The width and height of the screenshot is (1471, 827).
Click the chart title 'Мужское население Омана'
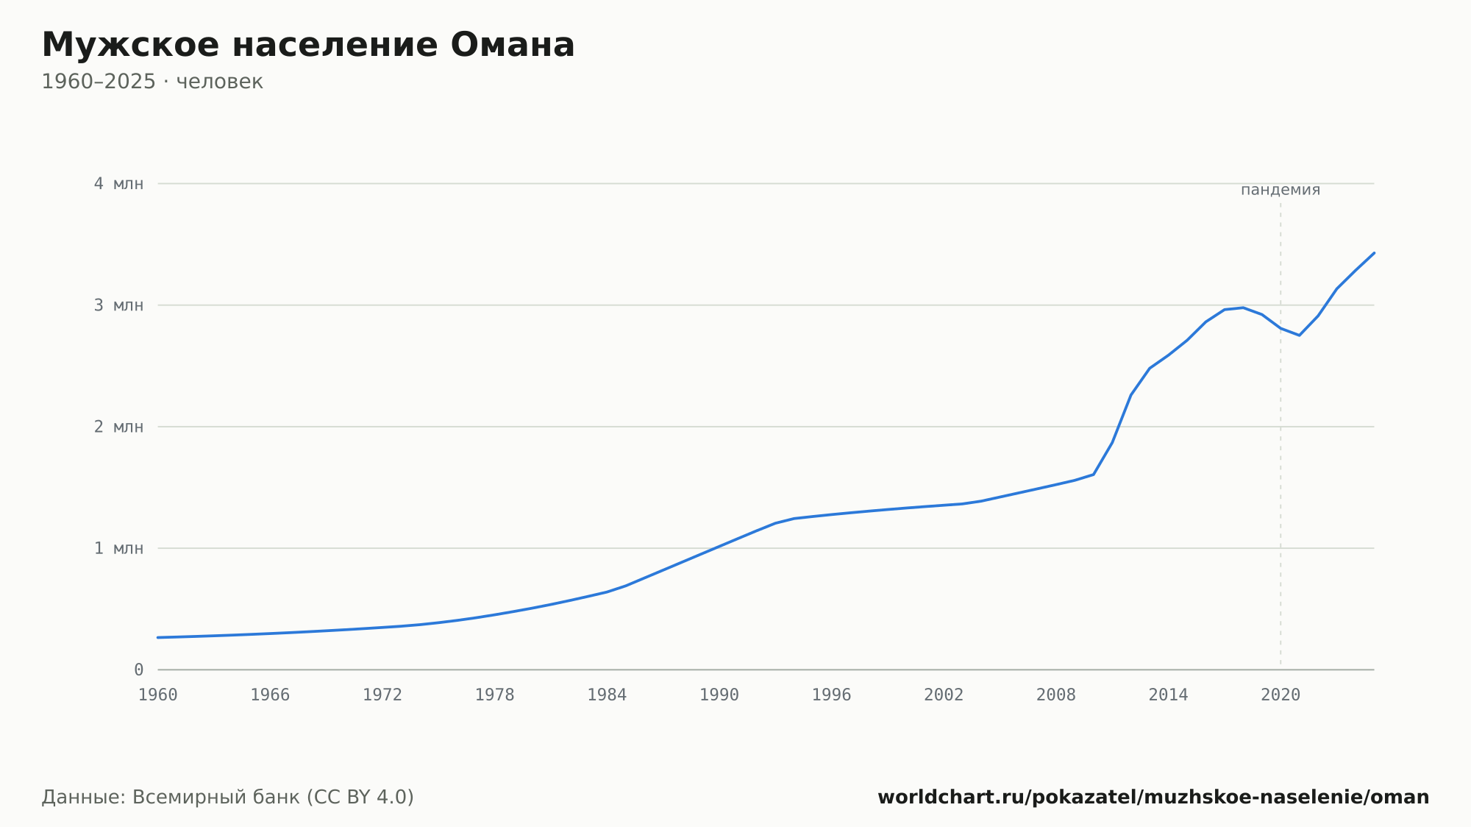pos(308,45)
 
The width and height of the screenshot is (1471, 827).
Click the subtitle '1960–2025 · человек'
pos(152,82)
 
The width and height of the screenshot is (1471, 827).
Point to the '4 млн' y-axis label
pos(118,183)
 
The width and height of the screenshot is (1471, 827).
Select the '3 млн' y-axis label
pos(118,305)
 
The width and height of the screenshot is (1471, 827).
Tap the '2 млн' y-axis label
pos(118,427)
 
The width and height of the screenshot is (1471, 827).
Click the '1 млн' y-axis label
pos(118,548)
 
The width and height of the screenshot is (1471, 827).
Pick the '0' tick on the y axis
pos(139,670)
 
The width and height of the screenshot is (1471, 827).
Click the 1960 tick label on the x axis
pos(158,695)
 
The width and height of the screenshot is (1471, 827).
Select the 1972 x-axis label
pos(382,695)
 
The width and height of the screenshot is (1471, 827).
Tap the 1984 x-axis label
pos(607,695)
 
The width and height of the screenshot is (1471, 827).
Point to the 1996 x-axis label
pos(831,695)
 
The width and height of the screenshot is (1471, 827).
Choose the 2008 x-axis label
pos(1056,695)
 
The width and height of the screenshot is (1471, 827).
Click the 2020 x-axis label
pos(1281,695)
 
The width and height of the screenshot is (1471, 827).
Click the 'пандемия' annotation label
pos(1281,190)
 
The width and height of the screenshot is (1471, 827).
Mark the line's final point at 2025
pos(1374,253)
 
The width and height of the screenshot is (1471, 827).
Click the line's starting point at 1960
pos(158,637)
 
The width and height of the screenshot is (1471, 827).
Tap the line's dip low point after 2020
pos(1299,336)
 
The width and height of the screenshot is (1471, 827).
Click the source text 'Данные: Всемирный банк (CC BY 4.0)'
pos(228,797)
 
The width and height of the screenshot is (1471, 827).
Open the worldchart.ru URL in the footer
pos(1153,797)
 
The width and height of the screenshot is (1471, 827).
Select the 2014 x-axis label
pos(1168,695)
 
